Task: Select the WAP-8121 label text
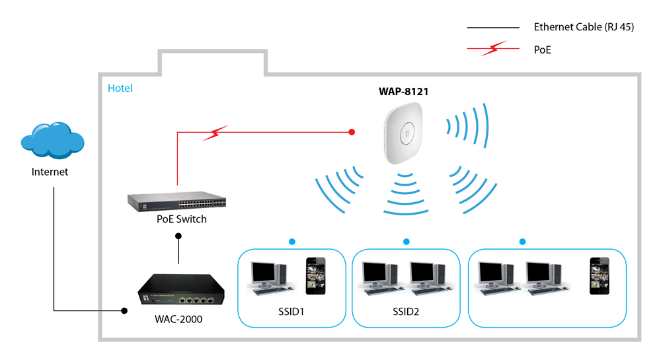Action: (399, 92)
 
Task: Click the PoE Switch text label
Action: (176, 219)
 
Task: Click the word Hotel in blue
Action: (120, 88)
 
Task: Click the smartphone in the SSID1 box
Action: (315, 275)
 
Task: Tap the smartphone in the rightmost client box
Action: (599, 275)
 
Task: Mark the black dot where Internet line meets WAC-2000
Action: (124, 310)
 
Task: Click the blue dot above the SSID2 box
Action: (406, 242)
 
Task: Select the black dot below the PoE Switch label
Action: (177, 235)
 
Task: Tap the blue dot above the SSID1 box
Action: (291, 242)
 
